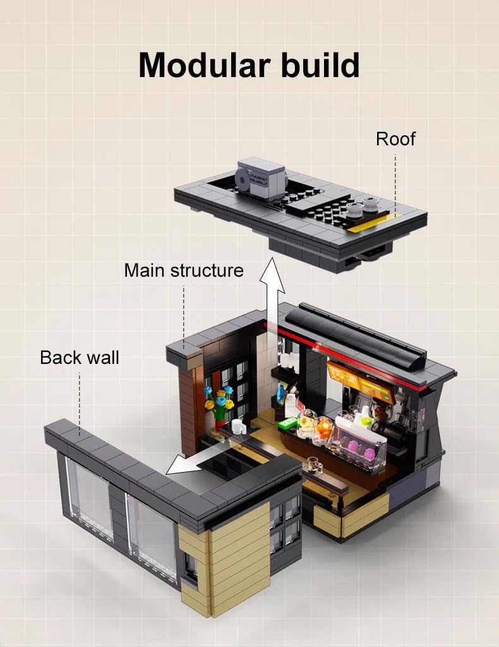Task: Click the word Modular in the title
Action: point(205,65)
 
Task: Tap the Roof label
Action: point(395,139)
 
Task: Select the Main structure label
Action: point(184,270)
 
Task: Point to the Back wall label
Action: point(79,358)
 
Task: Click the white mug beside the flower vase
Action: point(238,426)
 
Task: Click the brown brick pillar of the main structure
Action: point(189,409)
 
